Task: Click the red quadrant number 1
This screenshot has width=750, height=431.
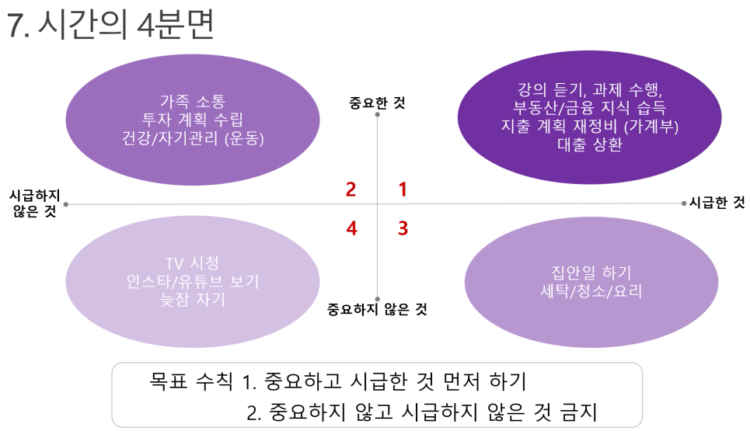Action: [x=403, y=189]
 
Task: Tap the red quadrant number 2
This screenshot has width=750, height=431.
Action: [x=351, y=189]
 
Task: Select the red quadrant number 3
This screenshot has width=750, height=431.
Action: [x=403, y=228]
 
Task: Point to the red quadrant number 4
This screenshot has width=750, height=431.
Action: [x=351, y=228]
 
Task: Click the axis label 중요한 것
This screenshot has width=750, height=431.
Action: [x=378, y=103]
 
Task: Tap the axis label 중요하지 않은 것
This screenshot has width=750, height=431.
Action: [x=377, y=309]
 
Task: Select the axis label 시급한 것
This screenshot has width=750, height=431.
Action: [x=717, y=203]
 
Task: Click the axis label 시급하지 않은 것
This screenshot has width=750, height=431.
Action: [x=35, y=203]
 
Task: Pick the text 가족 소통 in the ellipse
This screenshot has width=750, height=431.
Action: [x=193, y=101]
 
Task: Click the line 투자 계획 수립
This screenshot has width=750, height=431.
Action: [x=192, y=119]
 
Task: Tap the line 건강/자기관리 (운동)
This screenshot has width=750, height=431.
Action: [x=193, y=138]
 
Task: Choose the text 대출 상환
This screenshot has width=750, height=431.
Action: [x=590, y=144]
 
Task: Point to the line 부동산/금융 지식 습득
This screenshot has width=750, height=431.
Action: [x=589, y=107]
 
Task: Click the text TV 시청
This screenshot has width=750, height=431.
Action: [x=192, y=262]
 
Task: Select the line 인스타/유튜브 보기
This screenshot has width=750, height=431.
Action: [x=192, y=281]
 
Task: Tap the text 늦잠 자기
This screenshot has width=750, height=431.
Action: [x=192, y=299]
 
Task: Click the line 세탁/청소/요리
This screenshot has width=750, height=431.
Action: [x=591, y=290]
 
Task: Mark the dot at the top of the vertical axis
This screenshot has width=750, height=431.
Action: [x=378, y=115]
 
